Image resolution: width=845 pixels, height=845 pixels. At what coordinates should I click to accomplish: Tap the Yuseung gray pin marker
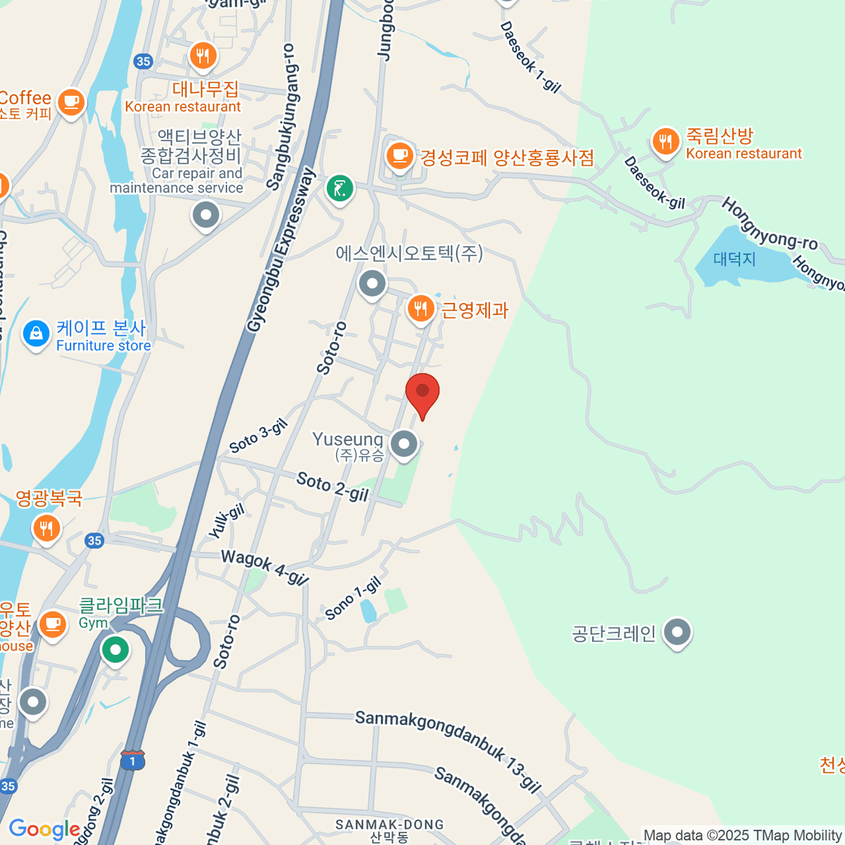(404, 444)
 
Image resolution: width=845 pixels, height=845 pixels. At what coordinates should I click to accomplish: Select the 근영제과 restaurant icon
(420, 308)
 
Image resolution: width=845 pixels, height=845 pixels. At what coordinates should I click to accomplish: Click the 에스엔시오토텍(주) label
(409, 254)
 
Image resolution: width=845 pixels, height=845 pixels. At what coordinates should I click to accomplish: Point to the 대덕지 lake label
(734, 259)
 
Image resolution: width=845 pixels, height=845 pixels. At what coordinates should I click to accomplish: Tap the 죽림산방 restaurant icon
(665, 142)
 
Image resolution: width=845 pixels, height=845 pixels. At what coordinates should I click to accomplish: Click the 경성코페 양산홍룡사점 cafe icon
(399, 154)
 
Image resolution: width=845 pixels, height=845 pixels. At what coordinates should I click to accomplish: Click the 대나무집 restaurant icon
(203, 56)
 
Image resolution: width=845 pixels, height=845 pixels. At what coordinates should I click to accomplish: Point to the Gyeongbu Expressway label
(281, 250)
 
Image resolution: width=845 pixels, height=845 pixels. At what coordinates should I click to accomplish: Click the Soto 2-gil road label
(332, 487)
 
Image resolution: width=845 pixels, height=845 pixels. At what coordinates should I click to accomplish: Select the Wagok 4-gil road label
(265, 567)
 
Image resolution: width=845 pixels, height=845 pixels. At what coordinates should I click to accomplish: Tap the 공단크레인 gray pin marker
(677, 632)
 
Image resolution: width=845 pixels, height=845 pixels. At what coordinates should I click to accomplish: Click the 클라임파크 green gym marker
(115, 649)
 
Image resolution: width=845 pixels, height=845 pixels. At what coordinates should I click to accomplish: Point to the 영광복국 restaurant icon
(46, 527)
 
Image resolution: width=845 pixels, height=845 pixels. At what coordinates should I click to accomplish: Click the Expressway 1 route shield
(132, 760)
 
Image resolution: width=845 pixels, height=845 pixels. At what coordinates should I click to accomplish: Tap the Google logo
(44, 830)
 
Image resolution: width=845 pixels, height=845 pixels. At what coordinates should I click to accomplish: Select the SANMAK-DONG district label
(389, 825)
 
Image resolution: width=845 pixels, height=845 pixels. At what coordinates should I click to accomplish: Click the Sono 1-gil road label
(353, 599)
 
